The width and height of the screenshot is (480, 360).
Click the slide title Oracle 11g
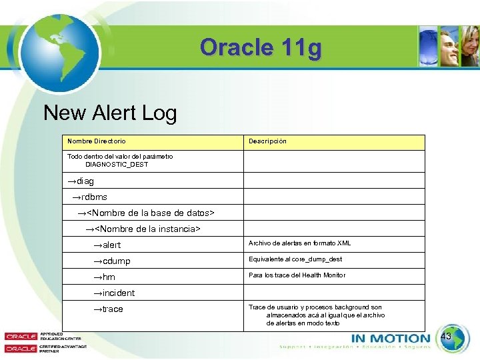(x=261, y=48)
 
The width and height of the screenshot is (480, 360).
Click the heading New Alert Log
(x=110, y=113)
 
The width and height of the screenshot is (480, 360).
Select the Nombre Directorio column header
(x=96, y=141)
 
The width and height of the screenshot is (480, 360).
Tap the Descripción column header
(x=267, y=141)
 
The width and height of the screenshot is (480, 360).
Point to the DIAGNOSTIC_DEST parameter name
(x=117, y=164)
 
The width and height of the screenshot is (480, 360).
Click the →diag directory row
(x=81, y=181)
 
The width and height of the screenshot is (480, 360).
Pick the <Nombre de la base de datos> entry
(x=146, y=213)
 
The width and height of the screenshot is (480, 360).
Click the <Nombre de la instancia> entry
(x=143, y=229)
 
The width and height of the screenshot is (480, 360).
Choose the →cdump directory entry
(x=111, y=261)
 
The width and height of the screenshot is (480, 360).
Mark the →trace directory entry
(x=108, y=309)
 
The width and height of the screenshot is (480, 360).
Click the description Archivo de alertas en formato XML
(x=299, y=243)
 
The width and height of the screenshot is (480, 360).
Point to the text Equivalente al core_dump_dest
(x=295, y=259)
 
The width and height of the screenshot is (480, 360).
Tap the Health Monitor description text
(x=297, y=275)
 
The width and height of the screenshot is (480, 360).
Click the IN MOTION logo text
(x=390, y=338)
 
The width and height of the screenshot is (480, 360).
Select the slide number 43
(x=446, y=337)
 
